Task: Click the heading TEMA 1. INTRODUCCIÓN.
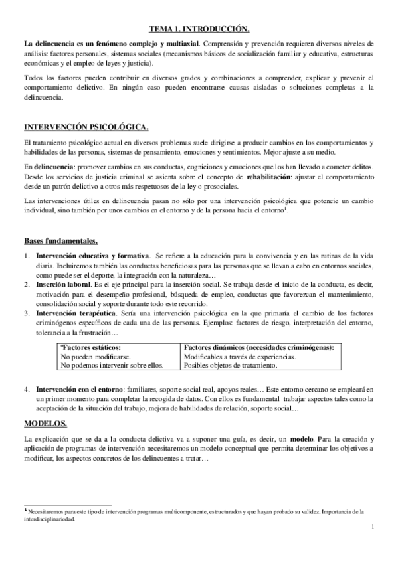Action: [199, 29]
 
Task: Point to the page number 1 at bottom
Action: [373, 526]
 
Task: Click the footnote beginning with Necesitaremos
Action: [199, 512]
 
